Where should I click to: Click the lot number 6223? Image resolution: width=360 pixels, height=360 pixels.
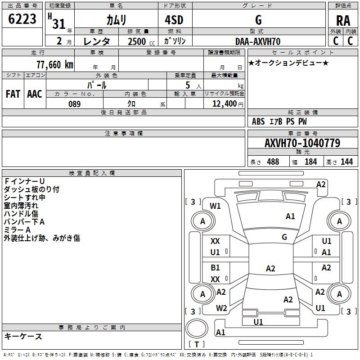click(22, 19)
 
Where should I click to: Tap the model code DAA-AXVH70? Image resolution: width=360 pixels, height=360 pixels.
click(258, 41)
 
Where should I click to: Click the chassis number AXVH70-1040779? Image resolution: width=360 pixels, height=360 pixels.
click(302, 143)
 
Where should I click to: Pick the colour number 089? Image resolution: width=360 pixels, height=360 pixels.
click(74, 104)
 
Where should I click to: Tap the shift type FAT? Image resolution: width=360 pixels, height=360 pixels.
click(13, 94)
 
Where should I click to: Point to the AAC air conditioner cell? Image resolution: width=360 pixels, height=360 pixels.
click(35, 94)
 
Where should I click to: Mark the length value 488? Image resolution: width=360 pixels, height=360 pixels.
click(273, 162)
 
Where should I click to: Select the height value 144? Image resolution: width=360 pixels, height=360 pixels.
click(346, 162)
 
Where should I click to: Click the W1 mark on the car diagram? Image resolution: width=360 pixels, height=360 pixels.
click(216, 206)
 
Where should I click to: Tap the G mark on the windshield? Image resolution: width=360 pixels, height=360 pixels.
click(284, 237)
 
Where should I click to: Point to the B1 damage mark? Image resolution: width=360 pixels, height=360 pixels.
click(216, 268)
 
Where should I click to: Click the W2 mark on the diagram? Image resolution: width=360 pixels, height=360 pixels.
click(221, 308)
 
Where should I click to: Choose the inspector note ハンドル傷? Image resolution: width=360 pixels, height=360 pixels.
click(21, 214)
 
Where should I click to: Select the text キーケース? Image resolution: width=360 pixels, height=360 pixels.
click(23, 336)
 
